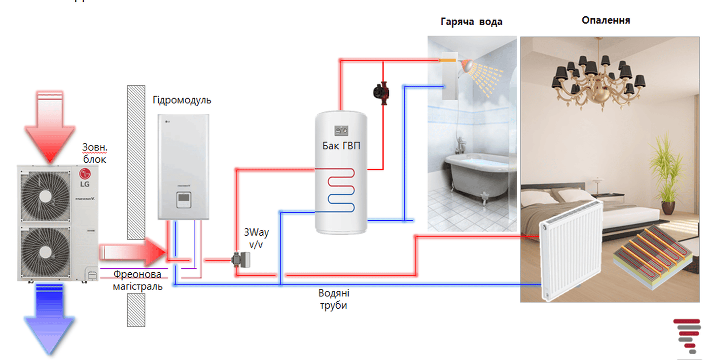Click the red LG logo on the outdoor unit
(x=85, y=174)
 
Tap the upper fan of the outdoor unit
(x=45, y=196)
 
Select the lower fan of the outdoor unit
(x=45, y=252)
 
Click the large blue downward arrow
(x=49, y=319)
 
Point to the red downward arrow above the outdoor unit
(x=50, y=127)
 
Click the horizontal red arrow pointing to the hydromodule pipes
(x=133, y=252)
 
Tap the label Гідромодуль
(x=181, y=100)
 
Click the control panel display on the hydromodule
(x=184, y=198)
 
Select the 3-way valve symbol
(x=241, y=260)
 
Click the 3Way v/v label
(x=256, y=238)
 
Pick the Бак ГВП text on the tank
(x=341, y=146)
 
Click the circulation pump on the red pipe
(x=382, y=93)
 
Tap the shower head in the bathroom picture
(x=467, y=65)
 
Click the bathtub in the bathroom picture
(x=475, y=176)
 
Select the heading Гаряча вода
(x=471, y=22)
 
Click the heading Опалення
(x=605, y=20)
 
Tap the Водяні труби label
(x=334, y=299)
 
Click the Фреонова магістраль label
(x=138, y=280)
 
